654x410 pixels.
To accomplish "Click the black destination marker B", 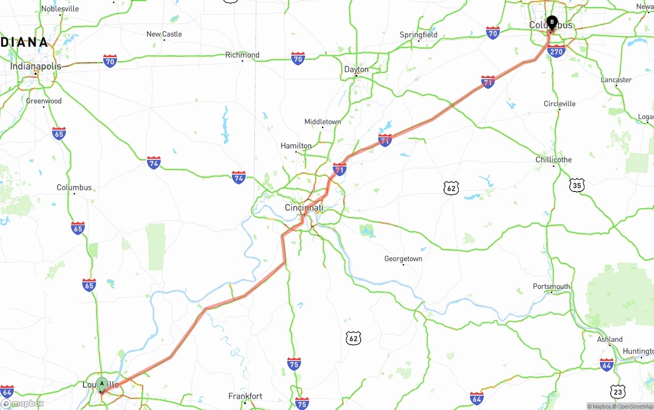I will click(x=551, y=22).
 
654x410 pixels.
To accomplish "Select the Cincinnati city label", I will click(x=304, y=208).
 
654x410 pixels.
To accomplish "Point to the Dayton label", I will click(x=356, y=69).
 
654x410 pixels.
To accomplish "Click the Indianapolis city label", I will click(x=36, y=66).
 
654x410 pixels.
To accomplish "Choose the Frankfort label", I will click(x=245, y=396).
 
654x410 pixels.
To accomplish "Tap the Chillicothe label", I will click(x=553, y=160).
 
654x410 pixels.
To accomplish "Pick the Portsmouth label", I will click(x=551, y=286).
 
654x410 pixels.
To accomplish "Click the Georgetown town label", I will click(x=403, y=259).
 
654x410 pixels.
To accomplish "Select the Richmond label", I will click(x=242, y=55).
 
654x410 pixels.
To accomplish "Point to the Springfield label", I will click(x=418, y=35).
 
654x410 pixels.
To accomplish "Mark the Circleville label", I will click(x=559, y=104).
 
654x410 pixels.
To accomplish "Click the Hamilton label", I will click(x=296, y=146).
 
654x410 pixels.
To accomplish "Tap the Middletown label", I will click(x=322, y=122).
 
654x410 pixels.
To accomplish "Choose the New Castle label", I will click(x=164, y=34).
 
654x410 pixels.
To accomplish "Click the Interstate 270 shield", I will click(x=555, y=51).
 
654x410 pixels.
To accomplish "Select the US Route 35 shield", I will click(x=577, y=185).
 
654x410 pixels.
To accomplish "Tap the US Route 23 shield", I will click(x=618, y=392).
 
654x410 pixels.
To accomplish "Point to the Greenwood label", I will click(x=44, y=101).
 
